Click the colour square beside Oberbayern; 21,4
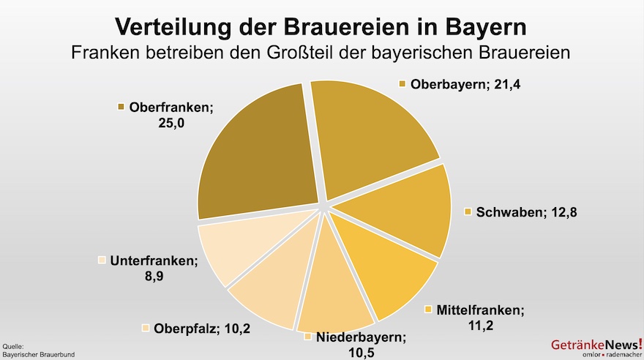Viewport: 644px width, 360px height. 402,84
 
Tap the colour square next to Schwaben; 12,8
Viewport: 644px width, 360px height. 468,212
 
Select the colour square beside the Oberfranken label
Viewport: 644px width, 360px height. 121,107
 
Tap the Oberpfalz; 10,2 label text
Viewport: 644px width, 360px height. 202,329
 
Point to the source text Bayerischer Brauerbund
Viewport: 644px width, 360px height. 39,354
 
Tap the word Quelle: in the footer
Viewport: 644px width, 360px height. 14,346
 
